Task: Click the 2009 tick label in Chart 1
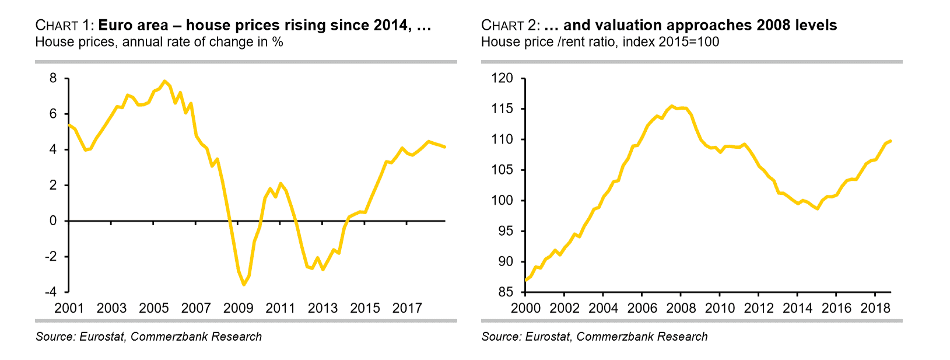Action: click(x=238, y=307)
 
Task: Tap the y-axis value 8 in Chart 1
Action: click(x=53, y=78)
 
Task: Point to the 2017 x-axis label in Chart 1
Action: click(x=407, y=307)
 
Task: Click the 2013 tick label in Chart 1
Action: click(x=322, y=307)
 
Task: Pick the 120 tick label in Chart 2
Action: click(x=502, y=78)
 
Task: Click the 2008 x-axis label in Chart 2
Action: click(x=681, y=307)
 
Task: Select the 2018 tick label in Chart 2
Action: click(x=875, y=307)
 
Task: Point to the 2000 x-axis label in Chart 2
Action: click(x=525, y=307)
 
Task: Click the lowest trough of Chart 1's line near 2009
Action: click(x=244, y=285)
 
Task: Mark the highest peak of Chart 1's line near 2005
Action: click(x=165, y=81)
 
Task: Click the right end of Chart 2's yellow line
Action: click(x=891, y=141)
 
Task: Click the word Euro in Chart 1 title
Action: click(x=113, y=25)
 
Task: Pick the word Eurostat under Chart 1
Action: click(x=101, y=337)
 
